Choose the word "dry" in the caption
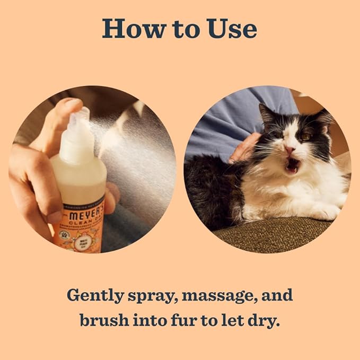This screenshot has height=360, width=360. [x=265, y=321]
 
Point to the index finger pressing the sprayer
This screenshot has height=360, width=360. [x=66, y=106]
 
